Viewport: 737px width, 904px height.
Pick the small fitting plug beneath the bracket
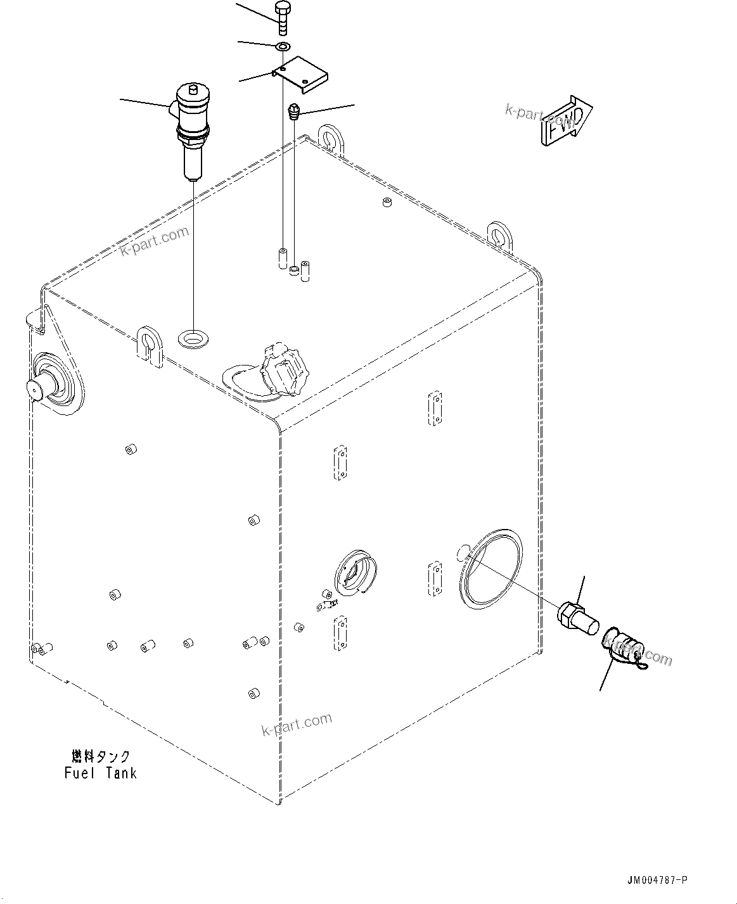pyautogui.click(x=293, y=112)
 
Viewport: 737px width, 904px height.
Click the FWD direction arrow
pyautogui.click(x=566, y=121)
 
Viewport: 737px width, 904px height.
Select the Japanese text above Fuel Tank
pyautogui.click(x=101, y=756)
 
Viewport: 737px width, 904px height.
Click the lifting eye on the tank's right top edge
pyautogui.click(x=501, y=235)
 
